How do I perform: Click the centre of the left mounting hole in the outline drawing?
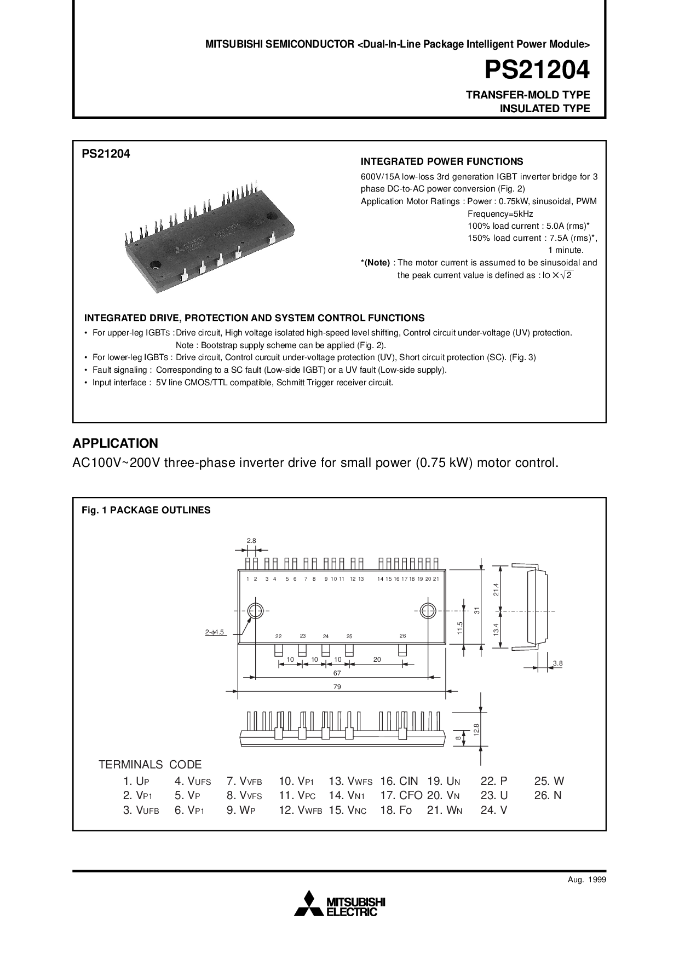tap(255, 611)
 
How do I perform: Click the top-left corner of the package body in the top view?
tap(238, 570)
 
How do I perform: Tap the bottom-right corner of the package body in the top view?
tap(445, 644)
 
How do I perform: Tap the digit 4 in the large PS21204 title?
tap(582, 70)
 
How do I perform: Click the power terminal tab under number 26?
tap(403, 650)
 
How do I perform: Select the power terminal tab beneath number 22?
tap(278, 650)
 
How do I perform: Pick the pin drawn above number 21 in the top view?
tap(436, 564)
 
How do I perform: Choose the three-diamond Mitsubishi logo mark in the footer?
tap(309, 903)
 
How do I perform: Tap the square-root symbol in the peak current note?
tap(566, 275)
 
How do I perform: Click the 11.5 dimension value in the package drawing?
tap(460, 628)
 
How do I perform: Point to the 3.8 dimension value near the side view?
tap(557, 663)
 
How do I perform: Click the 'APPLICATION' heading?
tap(116, 443)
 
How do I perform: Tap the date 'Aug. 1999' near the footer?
tap(587, 880)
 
